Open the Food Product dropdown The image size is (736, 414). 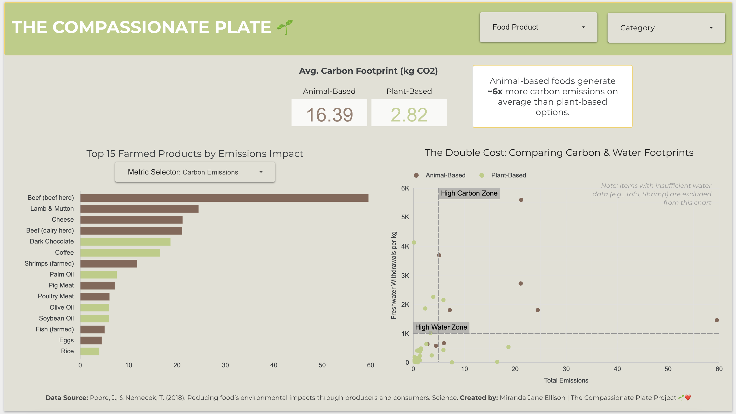coord(538,27)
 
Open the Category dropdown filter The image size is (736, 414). coord(666,28)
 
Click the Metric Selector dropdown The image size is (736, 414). coord(195,172)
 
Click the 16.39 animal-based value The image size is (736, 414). coord(329,115)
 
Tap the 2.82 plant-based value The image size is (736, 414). coord(409,115)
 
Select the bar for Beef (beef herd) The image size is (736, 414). coord(224,198)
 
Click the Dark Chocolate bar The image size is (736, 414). coord(125,242)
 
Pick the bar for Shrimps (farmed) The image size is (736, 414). coord(108,263)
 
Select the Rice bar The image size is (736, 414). coord(90,351)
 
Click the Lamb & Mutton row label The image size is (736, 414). coord(52,209)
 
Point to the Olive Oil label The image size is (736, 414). coord(62,307)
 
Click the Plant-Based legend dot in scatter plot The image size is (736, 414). coord(482,175)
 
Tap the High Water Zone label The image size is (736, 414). coord(441,327)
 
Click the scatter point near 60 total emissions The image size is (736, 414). coord(717,320)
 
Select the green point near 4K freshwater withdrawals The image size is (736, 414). coord(414,242)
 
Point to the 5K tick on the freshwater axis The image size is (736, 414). coord(405,217)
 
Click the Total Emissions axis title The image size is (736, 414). coord(566,380)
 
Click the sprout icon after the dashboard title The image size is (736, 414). coord(285,27)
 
